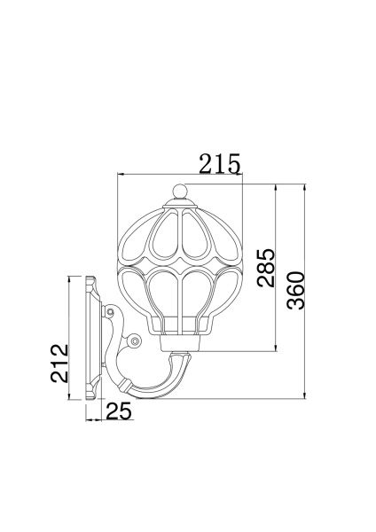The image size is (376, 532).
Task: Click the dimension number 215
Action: pos(219,164)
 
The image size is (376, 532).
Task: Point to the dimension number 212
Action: pos(58,364)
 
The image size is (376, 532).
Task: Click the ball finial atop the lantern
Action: pos(181,190)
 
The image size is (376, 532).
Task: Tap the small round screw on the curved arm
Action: pos(134,340)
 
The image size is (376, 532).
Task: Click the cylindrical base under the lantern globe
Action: pos(182,341)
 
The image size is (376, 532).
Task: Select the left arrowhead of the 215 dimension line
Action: pos(121,177)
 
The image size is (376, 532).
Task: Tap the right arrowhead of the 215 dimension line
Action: pos(241,177)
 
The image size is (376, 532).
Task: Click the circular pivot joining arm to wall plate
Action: pos(110,313)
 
